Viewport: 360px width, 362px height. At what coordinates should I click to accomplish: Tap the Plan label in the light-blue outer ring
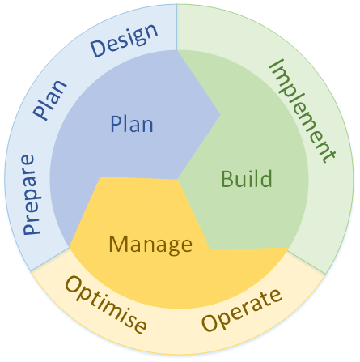pyautogui.click(x=50, y=100)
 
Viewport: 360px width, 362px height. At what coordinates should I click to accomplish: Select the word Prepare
pyautogui.click(x=32, y=194)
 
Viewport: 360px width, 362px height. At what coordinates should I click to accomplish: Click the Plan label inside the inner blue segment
pyautogui.click(x=132, y=124)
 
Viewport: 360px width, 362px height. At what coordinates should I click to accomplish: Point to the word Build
pyautogui.click(x=247, y=178)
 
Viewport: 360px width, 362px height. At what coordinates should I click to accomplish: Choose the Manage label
pyautogui.click(x=150, y=245)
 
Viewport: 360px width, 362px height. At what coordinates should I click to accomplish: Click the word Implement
pyautogui.click(x=303, y=111)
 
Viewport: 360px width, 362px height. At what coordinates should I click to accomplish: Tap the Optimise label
pyautogui.click(x=106, y=305)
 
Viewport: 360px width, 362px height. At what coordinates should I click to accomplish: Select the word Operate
pyautogui.click(x=242, y=310)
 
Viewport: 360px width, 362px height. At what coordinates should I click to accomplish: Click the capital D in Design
pyautogui.click(x=98, y=49)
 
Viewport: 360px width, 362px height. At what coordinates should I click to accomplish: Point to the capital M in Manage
pyautogui.click(x=118, y=244)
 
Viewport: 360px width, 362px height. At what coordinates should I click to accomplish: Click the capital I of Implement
pyautogui.click(x=277, y=65)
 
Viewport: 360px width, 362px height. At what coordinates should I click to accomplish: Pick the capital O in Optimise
pyautogui.click(x=74, y=285)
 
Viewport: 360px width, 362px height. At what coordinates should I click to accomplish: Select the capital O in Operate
pyautogui.click(x=210, y=323)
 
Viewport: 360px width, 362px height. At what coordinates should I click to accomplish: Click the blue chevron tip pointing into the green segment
pyautogui.click(x=220, y=114)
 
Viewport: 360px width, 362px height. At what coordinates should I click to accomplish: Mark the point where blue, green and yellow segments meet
pyautogui.click(x=178, y=179)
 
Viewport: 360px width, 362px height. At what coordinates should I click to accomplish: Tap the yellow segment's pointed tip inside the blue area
pyautogui.click(x=100, y=177)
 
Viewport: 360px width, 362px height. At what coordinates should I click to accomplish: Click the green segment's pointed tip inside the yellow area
pyautogui.click(x=210, y=250)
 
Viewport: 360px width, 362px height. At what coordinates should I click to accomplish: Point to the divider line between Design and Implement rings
pyautogui.click(x=177, y=27)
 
